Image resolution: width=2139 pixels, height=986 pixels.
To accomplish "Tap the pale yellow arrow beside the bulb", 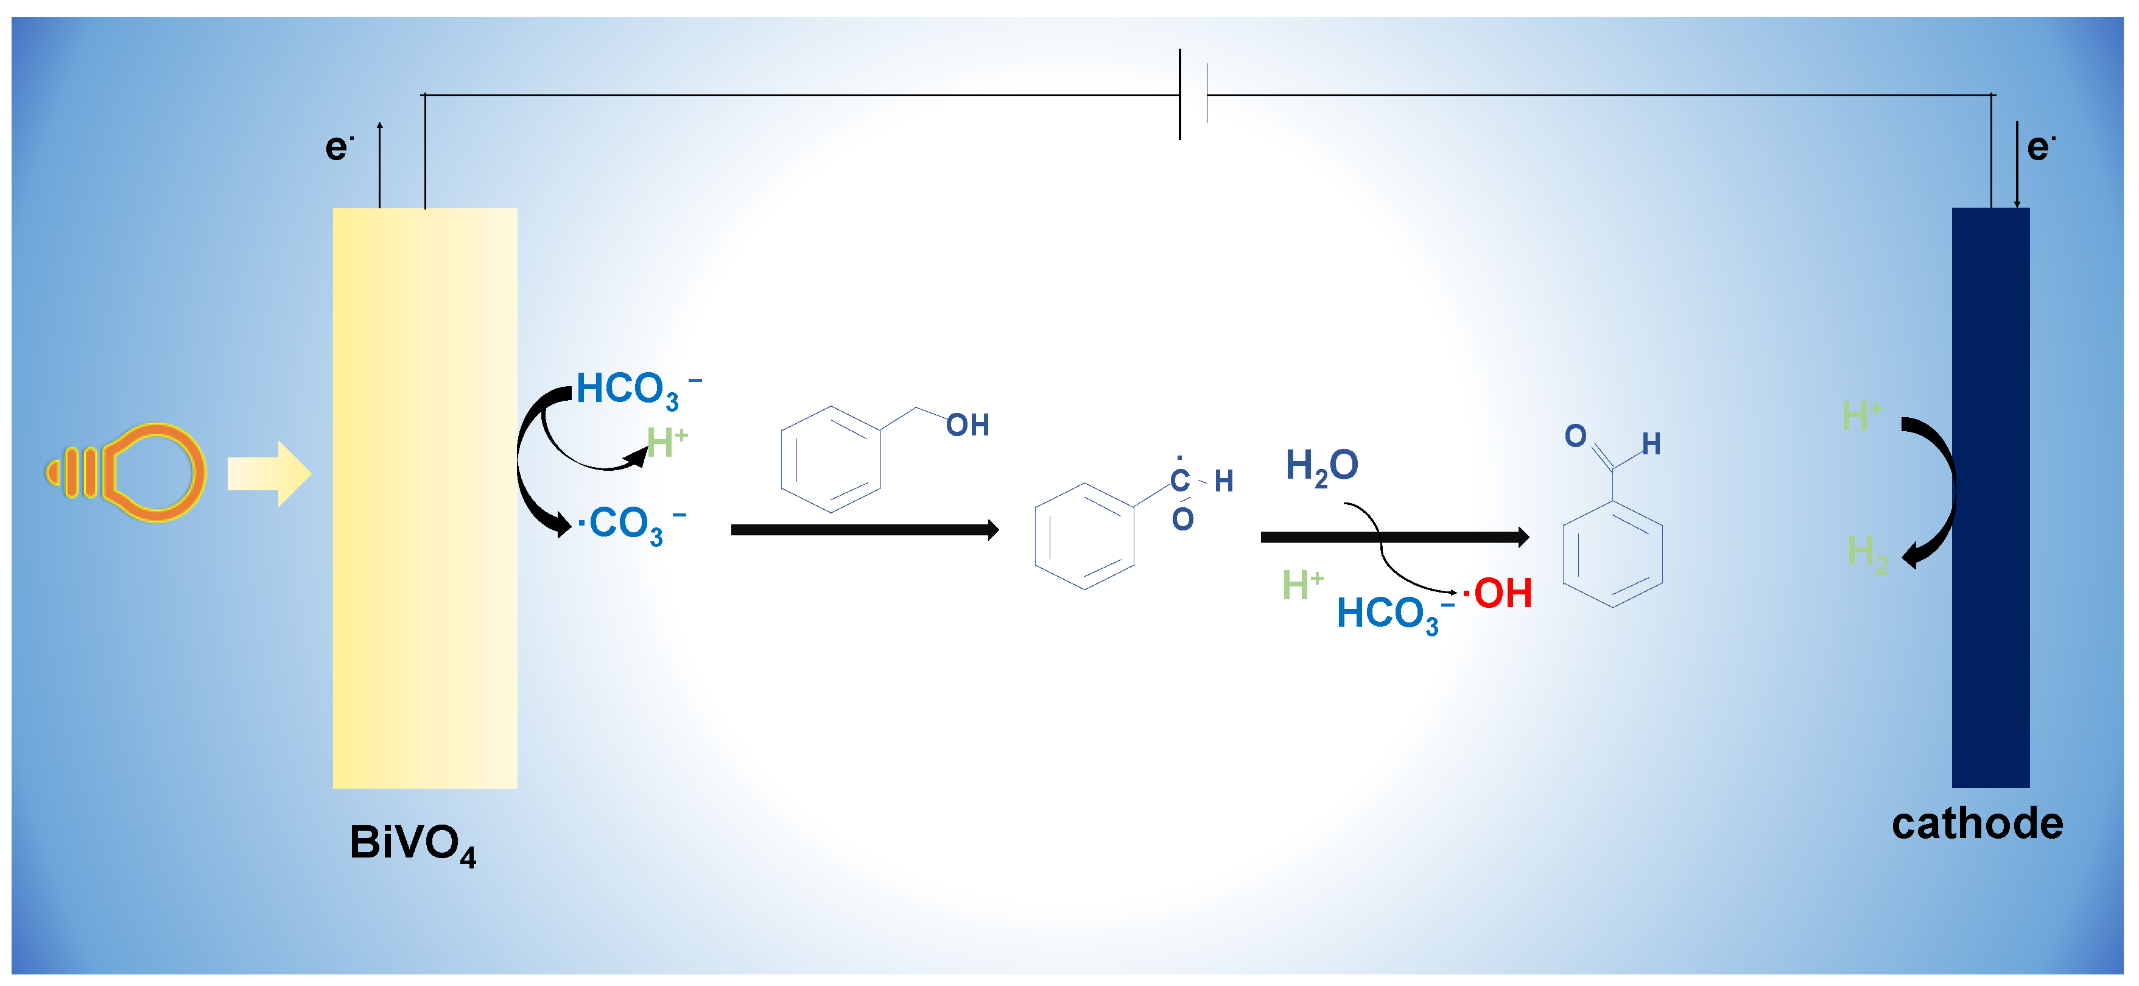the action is [268, 473].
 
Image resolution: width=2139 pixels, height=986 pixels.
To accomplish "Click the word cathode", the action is [1976, 824].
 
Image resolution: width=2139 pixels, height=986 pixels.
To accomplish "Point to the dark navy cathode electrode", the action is [1990, 498].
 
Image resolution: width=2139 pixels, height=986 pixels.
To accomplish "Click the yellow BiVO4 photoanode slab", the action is [424, 498].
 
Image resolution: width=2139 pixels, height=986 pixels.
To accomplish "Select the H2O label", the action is [1321, 466].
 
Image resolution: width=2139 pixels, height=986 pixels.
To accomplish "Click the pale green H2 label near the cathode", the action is [1867, 552].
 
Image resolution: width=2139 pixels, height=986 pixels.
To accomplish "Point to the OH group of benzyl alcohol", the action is [968, 425].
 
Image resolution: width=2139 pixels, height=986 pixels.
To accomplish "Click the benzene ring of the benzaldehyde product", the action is [1612, 554].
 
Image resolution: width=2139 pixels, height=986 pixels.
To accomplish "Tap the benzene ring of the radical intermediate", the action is [1084, 537].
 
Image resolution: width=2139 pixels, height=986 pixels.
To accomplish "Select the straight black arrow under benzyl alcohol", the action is [863, 530].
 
